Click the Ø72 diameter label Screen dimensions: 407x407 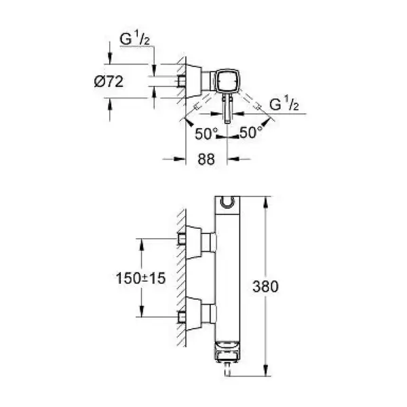pyautogui.click(x=109, y=82)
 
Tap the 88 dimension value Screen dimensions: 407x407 pyautogui.click(x=206, y=159)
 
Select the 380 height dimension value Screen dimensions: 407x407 pyautogui.click(x=265, y=286)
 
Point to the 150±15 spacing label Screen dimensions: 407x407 pyautogui.click(x=140, y=278)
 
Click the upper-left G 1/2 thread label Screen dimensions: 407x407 pyautogui.click(x=135, y=39)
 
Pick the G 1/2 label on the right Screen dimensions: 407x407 pyautogui.click(x=284, y=104)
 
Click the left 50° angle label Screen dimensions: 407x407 pyautogui.click(x=206, y=134)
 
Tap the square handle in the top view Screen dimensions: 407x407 pyautogui.click(x=227, y=81)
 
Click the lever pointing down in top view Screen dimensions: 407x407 pyautogui.click(x=227, y=109)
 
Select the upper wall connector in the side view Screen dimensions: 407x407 pyautogui.click(x=197, y=242)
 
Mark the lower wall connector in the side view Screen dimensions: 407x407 pyautogui.click(x=197, y=314)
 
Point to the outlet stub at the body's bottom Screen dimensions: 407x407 pyautogui.click(x=228, y=370)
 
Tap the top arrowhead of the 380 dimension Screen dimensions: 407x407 pyautogui.click(x=265, y=202)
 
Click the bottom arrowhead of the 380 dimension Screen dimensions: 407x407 pyautogui.click(x=265, y=370)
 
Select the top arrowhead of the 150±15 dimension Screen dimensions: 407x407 pyautogui.click(x=142, y=244)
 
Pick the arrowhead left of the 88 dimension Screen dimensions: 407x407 pyautogui.click(x=180, y=159)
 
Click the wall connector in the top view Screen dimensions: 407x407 pyautogui.click(x=193, y=81)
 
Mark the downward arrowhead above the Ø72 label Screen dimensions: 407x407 pyautogui.click(x=109, y=58)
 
